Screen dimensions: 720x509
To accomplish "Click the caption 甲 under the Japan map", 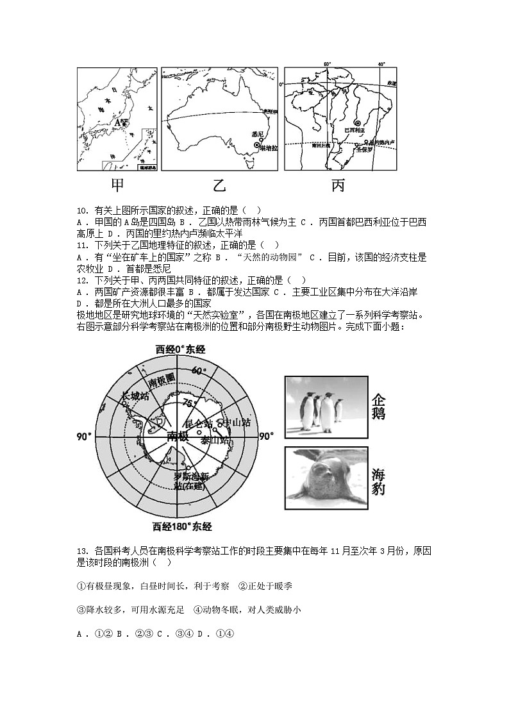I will point(117,185).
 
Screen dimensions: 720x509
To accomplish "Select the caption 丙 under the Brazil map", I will point(338,185).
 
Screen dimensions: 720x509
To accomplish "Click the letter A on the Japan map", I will point(117,121).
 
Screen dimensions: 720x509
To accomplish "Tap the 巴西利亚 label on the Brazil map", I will point(357,130).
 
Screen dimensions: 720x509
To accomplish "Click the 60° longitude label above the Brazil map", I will point(327,64).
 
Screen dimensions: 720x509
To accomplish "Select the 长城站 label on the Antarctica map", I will point(135,396).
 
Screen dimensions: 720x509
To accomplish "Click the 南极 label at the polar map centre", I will point(178,436).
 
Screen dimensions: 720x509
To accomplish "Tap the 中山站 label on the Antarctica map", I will point(237,423).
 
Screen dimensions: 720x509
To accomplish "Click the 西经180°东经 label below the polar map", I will point(182,527).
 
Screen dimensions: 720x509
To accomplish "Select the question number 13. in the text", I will point(81,550).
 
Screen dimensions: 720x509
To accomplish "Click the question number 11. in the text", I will point(81,245).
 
